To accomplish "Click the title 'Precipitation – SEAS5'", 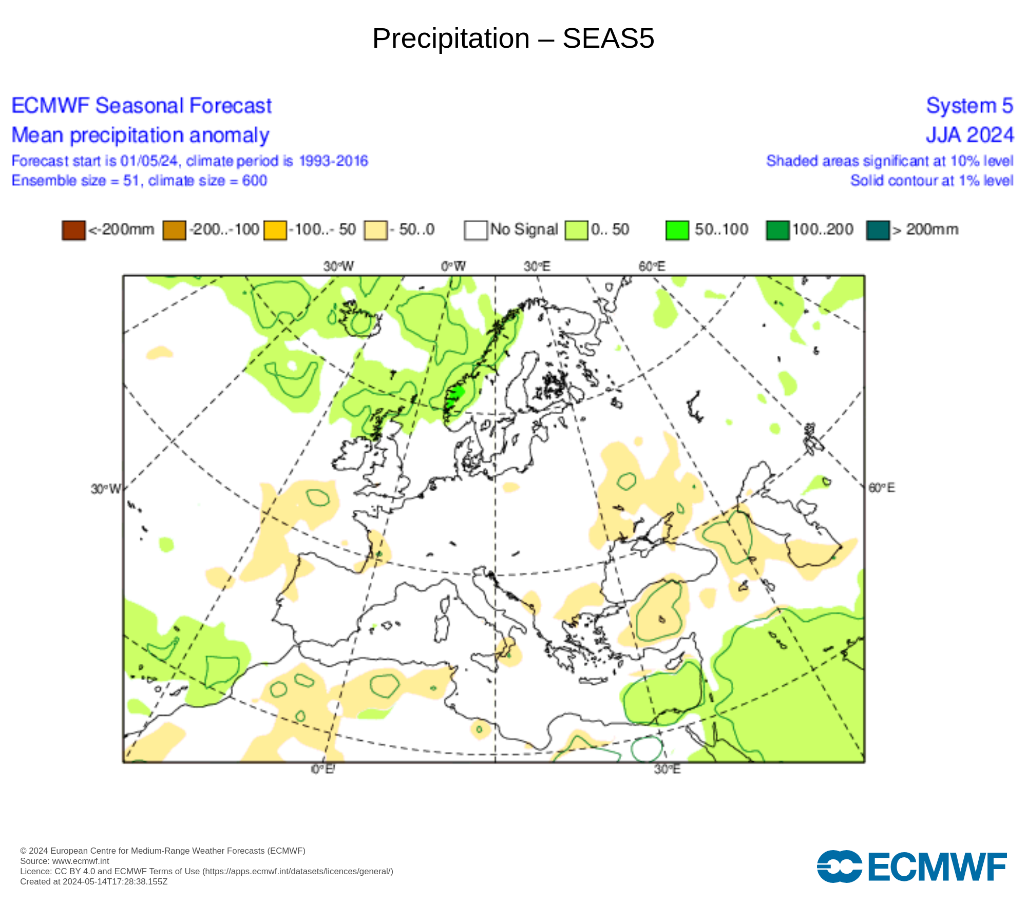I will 513,38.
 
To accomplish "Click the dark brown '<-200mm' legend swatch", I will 73,230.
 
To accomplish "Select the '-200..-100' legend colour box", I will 174,230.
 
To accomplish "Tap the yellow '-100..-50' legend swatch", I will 275,230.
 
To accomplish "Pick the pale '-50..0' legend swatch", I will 375,230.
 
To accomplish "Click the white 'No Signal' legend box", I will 476,230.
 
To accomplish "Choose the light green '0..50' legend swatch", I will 576,230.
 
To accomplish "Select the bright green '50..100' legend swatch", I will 677,230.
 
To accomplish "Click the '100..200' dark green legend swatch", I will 777,230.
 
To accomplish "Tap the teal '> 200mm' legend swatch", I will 878,230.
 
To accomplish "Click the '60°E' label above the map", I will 652,266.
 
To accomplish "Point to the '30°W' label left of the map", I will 105,489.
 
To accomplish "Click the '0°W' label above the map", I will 453,266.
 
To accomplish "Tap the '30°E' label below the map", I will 667,769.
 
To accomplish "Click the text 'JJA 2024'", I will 969,135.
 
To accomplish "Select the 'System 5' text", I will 969,106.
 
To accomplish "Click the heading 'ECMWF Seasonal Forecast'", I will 141,106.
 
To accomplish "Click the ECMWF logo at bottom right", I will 911,867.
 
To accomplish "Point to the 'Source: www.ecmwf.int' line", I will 65,861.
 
